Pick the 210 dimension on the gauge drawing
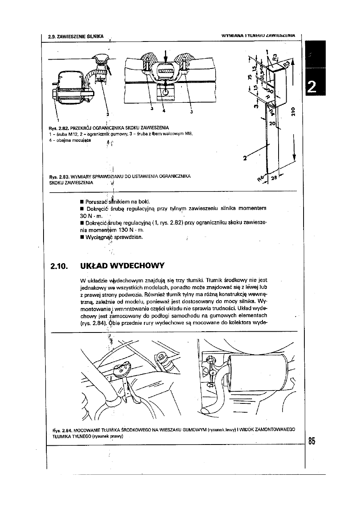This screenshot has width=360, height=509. (x=293, y=110)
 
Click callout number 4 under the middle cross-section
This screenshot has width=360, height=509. (x=163, y=110)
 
